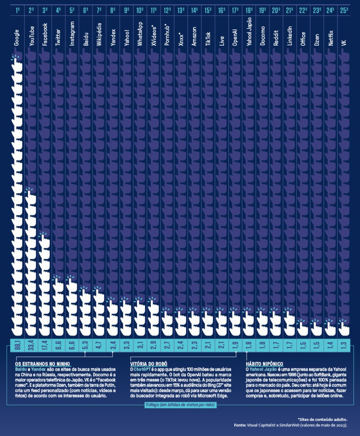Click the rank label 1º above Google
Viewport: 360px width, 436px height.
click(17, 10)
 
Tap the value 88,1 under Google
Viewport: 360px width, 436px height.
click(17, 345)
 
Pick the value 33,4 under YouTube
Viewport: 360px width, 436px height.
click(31, 345)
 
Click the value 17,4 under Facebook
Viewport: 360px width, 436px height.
click(44, 345)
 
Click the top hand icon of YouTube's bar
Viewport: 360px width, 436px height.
click(30, 196)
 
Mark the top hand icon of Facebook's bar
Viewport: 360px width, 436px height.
click(44, 240)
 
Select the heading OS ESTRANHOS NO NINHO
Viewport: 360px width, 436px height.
click(43, 364)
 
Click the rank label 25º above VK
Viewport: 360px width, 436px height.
click(344, 10)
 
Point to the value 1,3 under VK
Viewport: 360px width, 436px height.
click(344, 345)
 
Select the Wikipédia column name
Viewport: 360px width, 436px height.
click(99, 34)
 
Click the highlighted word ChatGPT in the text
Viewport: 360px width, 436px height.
click(141, 368)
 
